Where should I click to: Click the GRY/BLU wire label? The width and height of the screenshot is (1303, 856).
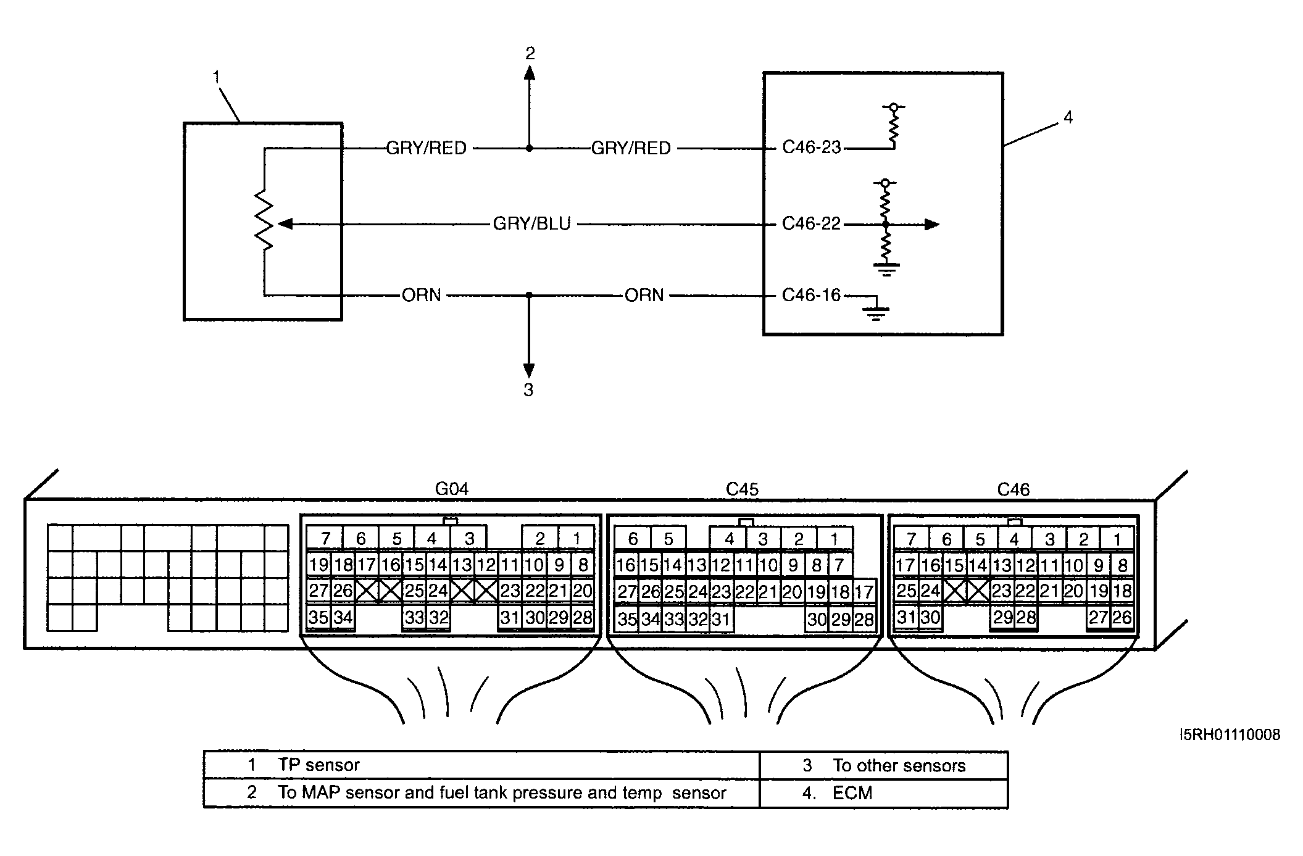pyautogui.click(x=531, y=224)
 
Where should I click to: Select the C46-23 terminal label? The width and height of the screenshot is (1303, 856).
pyautogui.click(x=811, y=148)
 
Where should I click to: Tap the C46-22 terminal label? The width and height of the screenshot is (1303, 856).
pyautogui.click(x=811, y=224)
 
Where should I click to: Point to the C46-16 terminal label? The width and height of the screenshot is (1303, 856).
pyautogui.click(x=811, y=296)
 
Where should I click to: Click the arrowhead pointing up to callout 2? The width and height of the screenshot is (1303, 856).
pyautogui.click(x=529, y=73)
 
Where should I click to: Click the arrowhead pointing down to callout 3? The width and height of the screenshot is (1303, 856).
pyautogui.click(x=529, y=370)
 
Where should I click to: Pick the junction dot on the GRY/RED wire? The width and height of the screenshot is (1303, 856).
pyautogui.click(x=529, y=148)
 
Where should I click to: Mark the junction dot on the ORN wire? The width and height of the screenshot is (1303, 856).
pyautogui.click(x=529, y=296)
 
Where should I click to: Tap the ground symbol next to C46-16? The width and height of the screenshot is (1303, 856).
pyautogui.click(x=876, y=314)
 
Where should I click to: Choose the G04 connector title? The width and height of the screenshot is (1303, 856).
pyautogui.click(x=452, y=489)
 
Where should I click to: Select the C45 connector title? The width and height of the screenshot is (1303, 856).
pyautogui.click(x=742, y=489)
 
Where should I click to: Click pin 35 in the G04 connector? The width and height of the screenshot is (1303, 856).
pyautogui.click(x=318, y=618)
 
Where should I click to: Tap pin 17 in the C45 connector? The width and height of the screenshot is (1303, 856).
pyautogui.click(x=864, y=592)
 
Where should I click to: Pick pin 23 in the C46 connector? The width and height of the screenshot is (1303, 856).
pyautogui.click(x=1001, y=591)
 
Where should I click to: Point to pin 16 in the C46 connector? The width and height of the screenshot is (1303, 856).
pyautogui.click(x=930, y=565)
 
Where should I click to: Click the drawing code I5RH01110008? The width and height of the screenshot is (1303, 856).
pyautogui.click(x=1230, y=735)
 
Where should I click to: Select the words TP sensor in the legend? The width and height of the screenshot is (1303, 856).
pyautogui.click(x=318, y=765)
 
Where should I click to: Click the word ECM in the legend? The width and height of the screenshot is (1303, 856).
pyautogui.click(x=852, y=793)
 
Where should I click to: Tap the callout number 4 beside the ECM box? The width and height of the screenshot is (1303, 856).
pyautogui.click(x=1068, y=117)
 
